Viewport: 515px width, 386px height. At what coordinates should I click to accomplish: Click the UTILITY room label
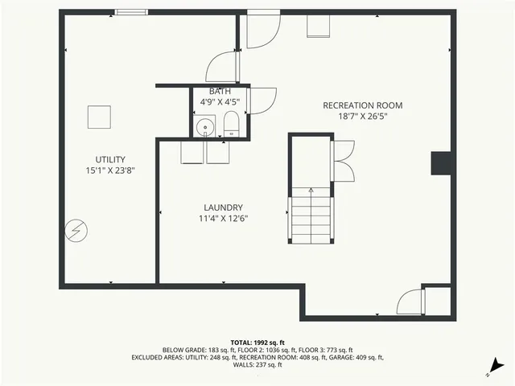point(110,159)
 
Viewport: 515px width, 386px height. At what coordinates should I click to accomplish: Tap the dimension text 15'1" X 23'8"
point(110,170)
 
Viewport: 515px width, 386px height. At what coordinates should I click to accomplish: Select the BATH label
point(220,92)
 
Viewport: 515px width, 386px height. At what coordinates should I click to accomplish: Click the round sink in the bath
point(206,126)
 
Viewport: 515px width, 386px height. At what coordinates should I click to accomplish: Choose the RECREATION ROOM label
point(362,105)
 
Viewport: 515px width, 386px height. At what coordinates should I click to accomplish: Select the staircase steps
point(311,216)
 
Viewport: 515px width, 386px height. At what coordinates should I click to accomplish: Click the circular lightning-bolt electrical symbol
point(76,231)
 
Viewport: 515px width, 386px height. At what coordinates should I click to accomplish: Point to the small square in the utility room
point(99,117)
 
